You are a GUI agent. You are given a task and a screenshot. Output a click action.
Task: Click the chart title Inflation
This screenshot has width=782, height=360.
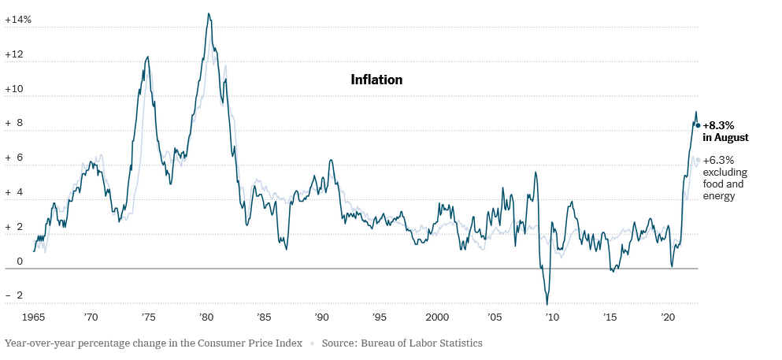click(x=376, y=80)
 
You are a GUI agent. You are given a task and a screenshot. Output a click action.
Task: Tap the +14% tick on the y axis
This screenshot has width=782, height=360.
click(x=17, y=19)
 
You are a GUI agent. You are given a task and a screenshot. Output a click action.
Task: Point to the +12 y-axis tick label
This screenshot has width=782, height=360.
click(x=14, y=55)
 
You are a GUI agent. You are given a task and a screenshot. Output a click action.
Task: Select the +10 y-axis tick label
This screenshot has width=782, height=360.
click(x=14, y=89)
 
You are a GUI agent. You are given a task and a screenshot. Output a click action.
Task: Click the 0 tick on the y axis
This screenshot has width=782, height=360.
click(x=9, y=261)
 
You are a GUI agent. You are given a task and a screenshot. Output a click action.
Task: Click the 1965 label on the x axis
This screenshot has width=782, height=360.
click(x=33, y=317)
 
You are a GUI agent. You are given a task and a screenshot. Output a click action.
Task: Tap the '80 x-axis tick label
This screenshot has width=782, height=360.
click(x=206, y=317)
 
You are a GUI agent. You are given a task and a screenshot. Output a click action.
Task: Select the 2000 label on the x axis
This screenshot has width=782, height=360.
click(x=437, y=317)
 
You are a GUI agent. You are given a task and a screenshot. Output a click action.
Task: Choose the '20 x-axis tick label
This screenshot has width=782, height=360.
click(x=668, y=317)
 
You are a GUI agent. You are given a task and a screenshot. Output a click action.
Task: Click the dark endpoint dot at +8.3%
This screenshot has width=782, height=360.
click(x=698, y=125)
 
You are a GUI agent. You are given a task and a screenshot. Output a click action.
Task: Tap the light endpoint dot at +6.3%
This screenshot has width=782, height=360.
click(x=698, y=160)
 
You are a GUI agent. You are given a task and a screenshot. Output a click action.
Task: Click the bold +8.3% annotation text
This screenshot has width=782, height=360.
click(x=718, y=125)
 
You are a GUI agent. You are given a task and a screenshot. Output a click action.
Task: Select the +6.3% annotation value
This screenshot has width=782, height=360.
click(x=718, y=160)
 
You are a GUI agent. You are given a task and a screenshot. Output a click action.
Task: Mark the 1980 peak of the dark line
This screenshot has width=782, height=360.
click(x=208, y=13)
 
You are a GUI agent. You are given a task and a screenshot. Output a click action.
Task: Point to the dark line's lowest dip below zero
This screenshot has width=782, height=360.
click(x=547, y=304)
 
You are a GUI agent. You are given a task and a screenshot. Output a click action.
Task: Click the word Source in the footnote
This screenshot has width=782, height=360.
click(x=339, y=343)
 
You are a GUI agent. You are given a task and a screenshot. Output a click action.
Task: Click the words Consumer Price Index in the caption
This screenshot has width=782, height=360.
click(x=253, y=343)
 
